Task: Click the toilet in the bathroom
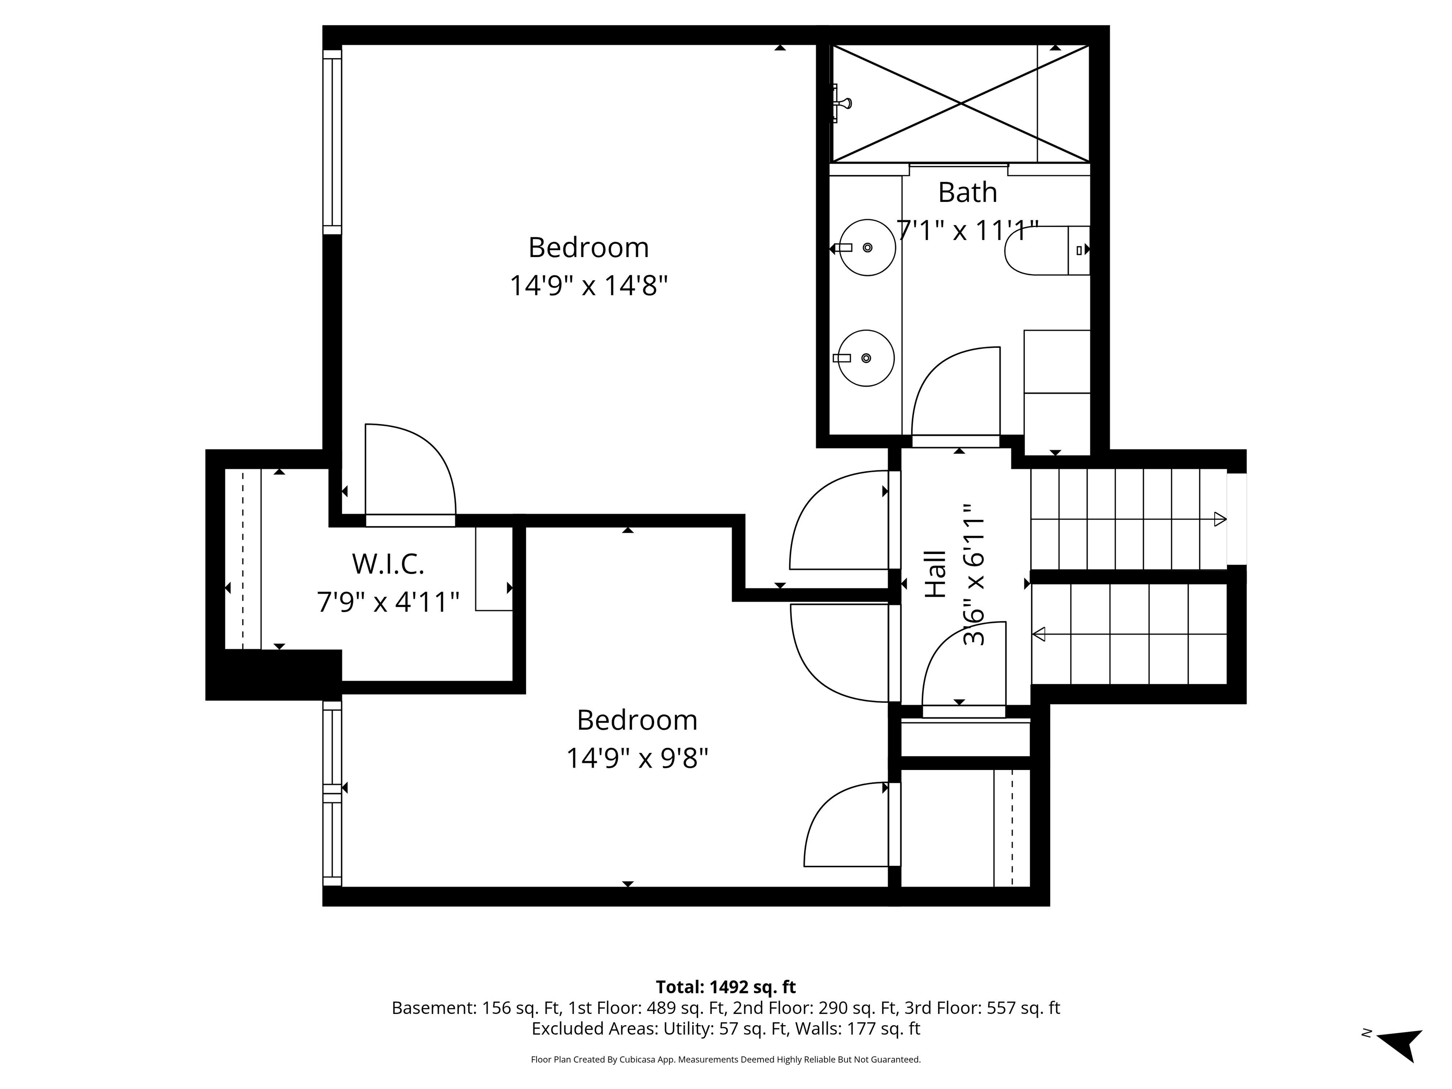click(1044, 250)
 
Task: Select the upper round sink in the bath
click(868, 248)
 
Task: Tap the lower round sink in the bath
click(866, 358)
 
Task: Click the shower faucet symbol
click(841, 104)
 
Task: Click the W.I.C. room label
click(388, 564)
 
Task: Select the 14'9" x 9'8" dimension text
click(637, 758)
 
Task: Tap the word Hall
click(936, 574)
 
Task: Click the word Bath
click(967, 192)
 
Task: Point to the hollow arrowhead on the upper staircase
click(1219, 519)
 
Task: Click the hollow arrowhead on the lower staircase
click(1039, 634)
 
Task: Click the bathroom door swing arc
click(952, 387)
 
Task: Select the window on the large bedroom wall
click(332, 142)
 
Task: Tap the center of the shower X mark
click(961, 104)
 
